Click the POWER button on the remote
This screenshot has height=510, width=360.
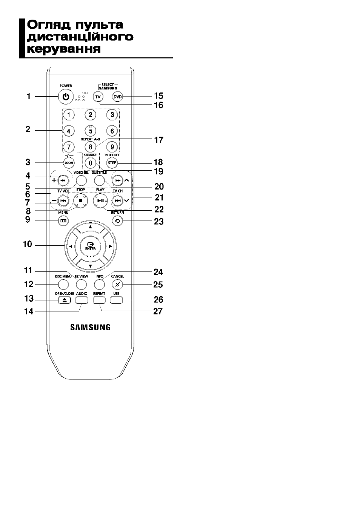coord(66,97)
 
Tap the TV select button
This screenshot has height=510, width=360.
coord(98,97)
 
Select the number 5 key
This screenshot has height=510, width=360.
coord(90,131)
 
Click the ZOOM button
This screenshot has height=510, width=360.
coord(69,163)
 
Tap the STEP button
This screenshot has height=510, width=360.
coord(112,163)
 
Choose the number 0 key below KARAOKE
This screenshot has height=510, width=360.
coord(90,163)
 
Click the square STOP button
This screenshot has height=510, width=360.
coord(80,201)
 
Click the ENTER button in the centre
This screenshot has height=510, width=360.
coord(90,247)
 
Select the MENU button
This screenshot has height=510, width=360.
coord(63,221)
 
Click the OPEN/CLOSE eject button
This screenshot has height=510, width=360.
coord(65,300)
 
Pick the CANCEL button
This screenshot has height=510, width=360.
coord(117,284)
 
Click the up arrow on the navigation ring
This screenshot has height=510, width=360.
coord(90,227)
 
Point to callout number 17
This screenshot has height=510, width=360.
coord(158,140)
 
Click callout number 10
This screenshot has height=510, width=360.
coord(27,244)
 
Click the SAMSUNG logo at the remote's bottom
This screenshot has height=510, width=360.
coord(90,327)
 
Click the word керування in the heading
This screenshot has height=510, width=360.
coord(64,49)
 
